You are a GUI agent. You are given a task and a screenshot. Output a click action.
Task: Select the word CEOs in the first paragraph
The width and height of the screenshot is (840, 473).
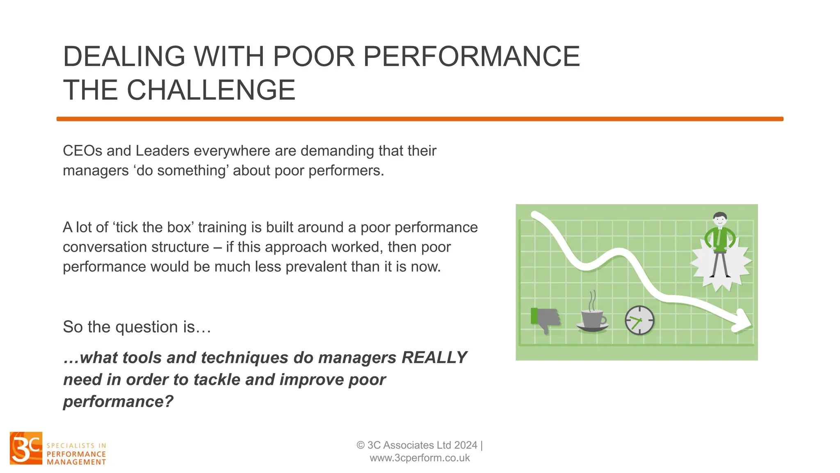click(82, 151)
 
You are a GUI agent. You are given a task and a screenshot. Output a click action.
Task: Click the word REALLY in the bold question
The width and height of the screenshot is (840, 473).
click(434, 358)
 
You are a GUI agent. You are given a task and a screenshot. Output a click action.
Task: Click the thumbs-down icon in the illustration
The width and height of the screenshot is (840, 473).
click(545, 319)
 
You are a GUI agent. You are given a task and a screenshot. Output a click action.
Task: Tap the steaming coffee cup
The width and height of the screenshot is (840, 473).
click(592, 321)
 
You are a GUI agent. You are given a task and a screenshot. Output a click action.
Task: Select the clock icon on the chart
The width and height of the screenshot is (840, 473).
click(639, 320)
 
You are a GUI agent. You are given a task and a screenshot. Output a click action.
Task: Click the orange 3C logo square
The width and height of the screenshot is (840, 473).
click(26, 448)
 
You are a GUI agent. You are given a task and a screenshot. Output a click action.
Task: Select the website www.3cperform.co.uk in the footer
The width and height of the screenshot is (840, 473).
click(420, 458)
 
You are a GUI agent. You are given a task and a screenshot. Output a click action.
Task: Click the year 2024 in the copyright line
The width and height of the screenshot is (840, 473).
click(466, 445)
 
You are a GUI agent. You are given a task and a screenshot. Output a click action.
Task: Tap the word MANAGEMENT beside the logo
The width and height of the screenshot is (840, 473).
click(76, 462)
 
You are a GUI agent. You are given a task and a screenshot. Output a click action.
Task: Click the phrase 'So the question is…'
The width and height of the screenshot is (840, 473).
click(137, 327)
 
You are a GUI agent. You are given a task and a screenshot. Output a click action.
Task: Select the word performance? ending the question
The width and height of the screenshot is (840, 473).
click(118, 402)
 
